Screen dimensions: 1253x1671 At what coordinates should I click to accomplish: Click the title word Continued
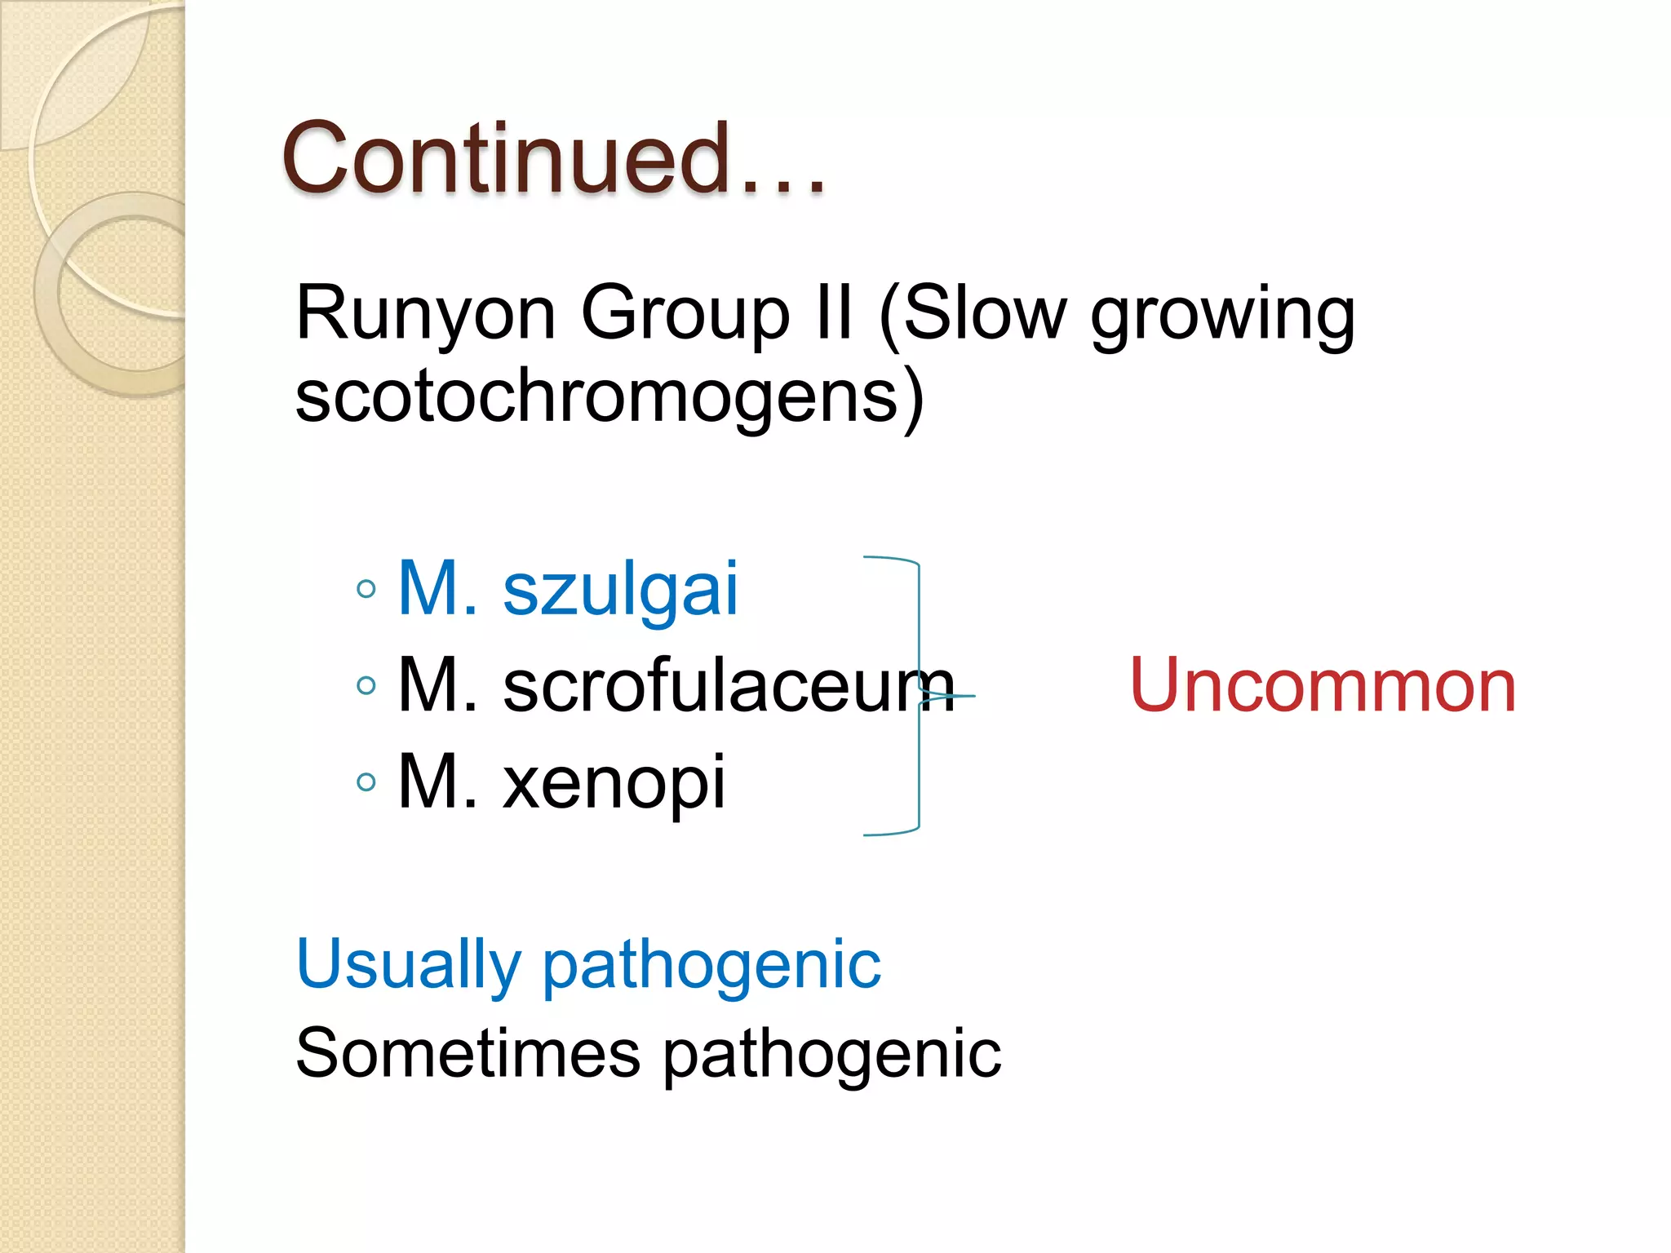tap(506, 159)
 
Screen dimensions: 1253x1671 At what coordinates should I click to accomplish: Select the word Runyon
tap(425, 314)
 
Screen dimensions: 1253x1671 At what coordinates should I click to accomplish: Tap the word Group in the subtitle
tap(685, 314)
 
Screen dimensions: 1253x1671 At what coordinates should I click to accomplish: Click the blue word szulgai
tap(620, 591)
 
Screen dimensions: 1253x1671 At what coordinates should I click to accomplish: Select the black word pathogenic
tap(831, 1056)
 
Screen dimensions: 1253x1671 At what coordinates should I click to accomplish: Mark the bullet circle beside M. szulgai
tap(366, 589)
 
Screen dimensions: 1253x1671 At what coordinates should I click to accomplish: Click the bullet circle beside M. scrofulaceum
tap(366, 685)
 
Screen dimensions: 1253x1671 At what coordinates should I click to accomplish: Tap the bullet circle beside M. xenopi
tap(366, 782)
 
